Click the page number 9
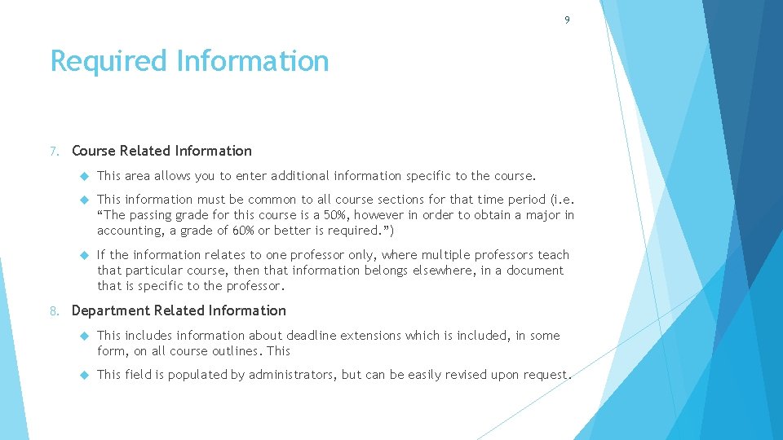coord(567,20)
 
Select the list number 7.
coord(53,152)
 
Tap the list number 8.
coord(53,311)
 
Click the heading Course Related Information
coord(161,151)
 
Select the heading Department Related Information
coord(179,310)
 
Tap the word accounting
coord(126,231)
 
